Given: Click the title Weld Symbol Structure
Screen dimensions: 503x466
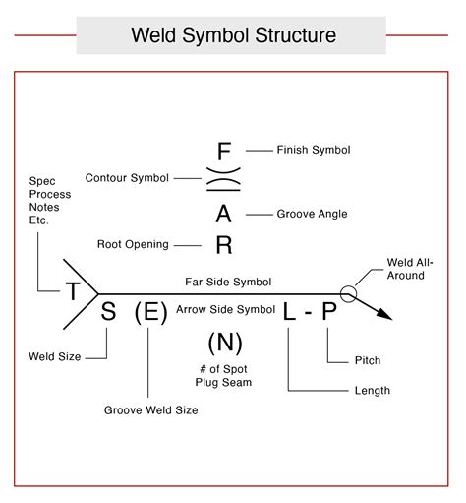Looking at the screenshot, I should [x=233, y=36].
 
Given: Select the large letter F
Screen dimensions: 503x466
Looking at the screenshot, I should [x=224, y=152].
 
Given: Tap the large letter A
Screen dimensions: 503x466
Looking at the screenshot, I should [x=224, y=215].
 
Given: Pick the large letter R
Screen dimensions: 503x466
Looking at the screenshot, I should [x=224, y=245].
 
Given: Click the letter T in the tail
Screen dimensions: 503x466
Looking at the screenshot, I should [x=73, y=290].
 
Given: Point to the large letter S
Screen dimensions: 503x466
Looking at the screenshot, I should [x=109, y=313].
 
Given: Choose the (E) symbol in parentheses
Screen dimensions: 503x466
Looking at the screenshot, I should [x=150, y=313].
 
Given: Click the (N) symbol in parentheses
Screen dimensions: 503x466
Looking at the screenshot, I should [x=225, y=344].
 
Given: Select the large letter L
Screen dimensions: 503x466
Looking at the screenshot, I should [x=289, y=313].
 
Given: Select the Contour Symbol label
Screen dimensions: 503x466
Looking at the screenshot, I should [x=127, y=178].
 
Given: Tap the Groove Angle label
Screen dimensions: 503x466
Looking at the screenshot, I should [x=312, y=213].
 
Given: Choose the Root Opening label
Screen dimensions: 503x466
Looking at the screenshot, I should [x=133, y=243].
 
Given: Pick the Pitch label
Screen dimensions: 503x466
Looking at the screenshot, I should [x=367, y=360].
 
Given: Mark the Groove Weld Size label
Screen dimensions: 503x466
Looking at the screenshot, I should [x=151, y=409].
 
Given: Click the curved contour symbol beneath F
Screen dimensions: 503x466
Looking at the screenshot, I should [x=224, y=182].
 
